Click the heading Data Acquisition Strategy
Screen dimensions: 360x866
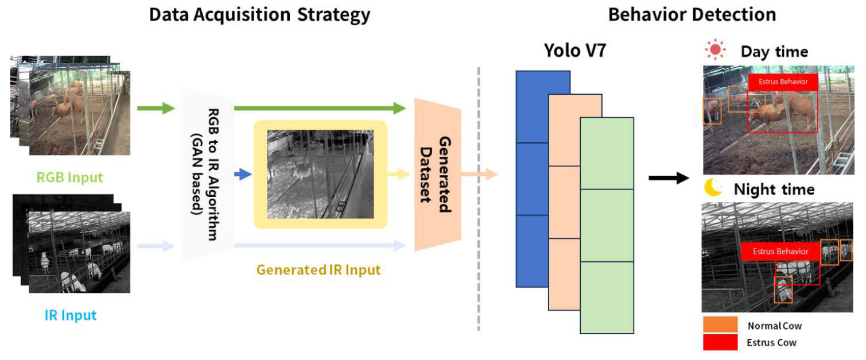click(259, 14)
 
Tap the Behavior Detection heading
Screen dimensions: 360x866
click(692, 14)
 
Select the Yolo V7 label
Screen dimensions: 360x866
click(575, 52)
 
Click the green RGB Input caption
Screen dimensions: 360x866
click(70, 177)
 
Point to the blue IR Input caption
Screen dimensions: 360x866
click(70, 315)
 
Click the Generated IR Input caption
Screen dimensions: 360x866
click(318, 269)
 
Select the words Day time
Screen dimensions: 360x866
click(774, 52)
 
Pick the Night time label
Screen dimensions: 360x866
click(774, 189)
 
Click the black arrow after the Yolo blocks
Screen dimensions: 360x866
click(668, 179)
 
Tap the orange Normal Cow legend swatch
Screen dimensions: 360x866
click(720, 324)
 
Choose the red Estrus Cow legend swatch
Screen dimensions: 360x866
click(720, 342)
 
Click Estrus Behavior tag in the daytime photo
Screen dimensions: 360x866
click(783, 82)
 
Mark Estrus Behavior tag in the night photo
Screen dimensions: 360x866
click(780, 251)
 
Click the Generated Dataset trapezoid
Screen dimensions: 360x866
click(438, 175)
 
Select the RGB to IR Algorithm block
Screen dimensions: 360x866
click(207, 175)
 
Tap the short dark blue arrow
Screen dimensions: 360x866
click(244, 175)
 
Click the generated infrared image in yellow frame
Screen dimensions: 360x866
click(320, 174)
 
